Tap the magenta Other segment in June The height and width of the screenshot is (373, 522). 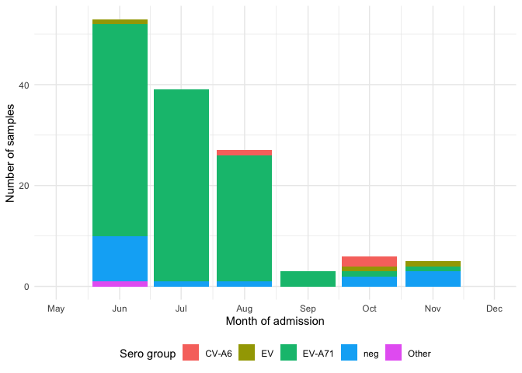[x=120, y=284]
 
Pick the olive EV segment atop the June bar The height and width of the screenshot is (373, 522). [x=120, y=22]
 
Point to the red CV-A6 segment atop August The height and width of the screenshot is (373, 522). [x=244, y=152]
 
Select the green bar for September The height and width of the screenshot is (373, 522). [x=307, y=279]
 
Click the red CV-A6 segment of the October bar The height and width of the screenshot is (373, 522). [x=369, y=262]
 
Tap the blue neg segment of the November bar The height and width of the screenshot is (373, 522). [x=432, y=279]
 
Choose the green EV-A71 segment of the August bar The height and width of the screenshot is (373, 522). [x=244, y=218]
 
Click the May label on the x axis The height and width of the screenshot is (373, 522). [x=56, y=309]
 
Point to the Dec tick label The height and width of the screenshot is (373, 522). [x=494, y=309]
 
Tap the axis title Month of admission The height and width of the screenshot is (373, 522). [x=275, y=321]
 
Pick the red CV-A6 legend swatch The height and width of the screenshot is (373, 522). [x=190, y=354]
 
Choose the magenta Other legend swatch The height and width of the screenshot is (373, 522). [x=392, y=354]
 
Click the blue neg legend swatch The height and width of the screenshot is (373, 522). [x=348, y=354]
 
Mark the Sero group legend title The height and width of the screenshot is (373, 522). [x=145, y=354]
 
